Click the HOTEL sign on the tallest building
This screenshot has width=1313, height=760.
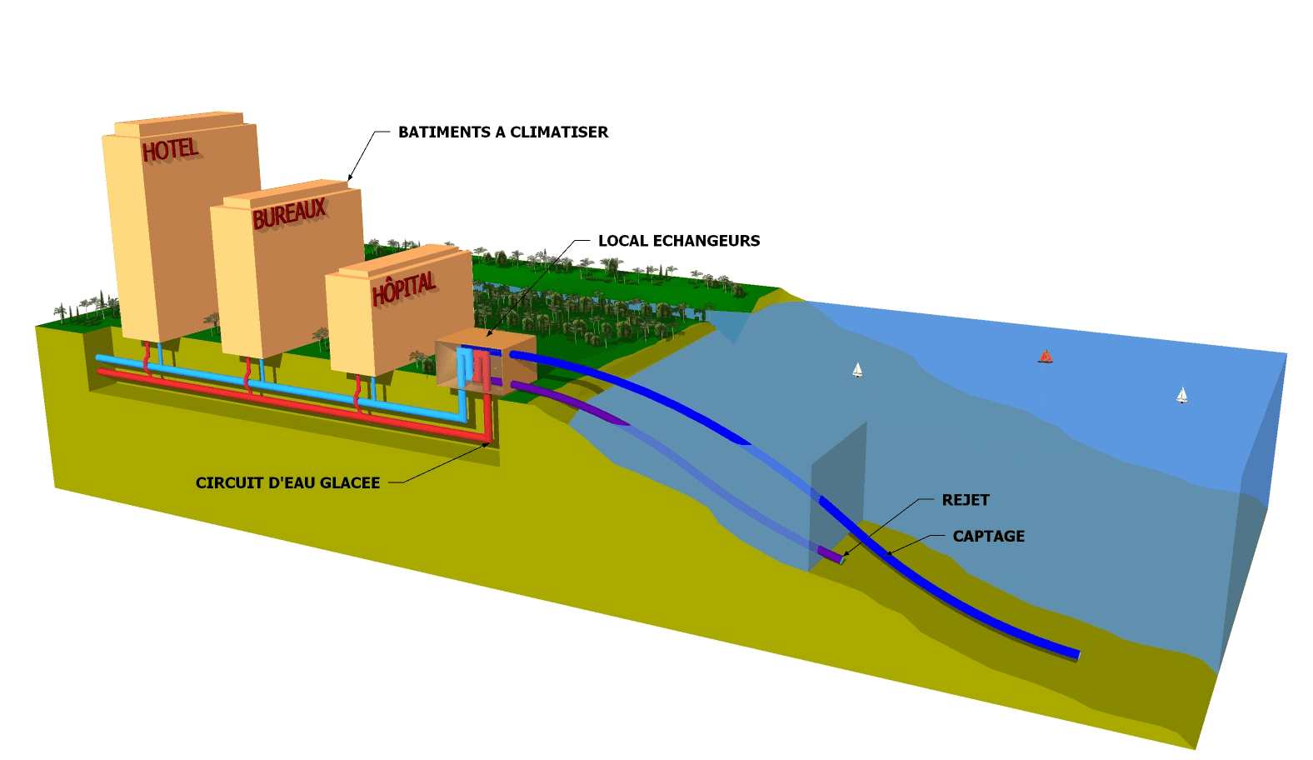coord(170,150)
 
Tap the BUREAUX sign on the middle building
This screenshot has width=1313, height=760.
coord(289,213)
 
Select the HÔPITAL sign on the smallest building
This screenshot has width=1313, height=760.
coord(404,288)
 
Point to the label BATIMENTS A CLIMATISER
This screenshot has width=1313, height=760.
coord(503,132)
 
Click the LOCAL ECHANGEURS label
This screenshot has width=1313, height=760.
coord(679,241)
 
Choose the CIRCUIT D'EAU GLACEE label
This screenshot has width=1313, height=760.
coord(287,482)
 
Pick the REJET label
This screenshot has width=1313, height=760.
coord(965,500)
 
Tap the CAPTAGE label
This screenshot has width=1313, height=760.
coord(988,536)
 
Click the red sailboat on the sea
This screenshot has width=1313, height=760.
coord(1046,357)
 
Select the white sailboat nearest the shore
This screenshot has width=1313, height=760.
coord(857,369)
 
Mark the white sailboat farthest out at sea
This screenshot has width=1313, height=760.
coord(1181,395)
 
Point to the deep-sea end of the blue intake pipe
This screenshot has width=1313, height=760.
coord(1076,654)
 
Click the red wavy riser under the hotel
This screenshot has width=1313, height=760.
coord(148,358)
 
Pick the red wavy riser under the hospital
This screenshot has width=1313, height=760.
coord(358,392)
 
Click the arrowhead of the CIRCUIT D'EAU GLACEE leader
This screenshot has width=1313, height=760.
coord(487,444)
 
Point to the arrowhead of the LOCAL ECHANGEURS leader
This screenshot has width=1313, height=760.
coord(489,334)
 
